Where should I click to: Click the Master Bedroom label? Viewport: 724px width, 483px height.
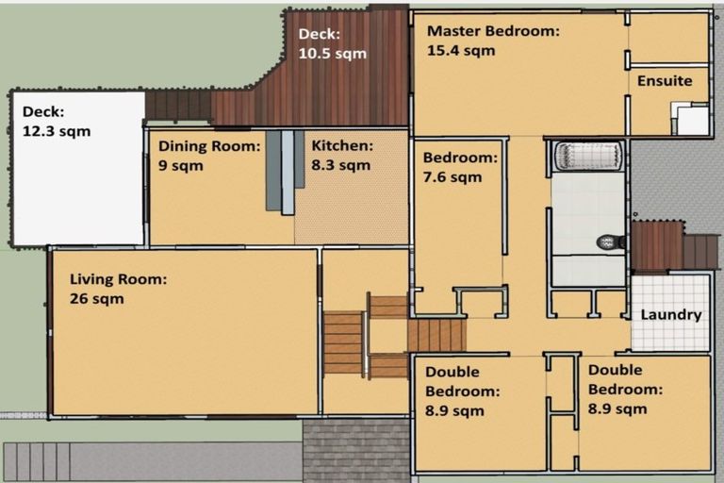[x=493, y=31]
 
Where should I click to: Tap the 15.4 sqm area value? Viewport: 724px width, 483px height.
[x=461, y=50]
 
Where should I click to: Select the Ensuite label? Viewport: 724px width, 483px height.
[x=665, y=81]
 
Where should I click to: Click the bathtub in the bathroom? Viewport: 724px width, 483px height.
[x=588, y=156]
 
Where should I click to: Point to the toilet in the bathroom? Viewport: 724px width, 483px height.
[x=610, y=241]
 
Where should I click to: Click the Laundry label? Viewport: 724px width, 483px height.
[x=671, y=315]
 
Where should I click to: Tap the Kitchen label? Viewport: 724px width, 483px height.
[x=342, y=145]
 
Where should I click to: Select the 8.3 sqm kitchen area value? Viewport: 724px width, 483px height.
[x=340, y=165]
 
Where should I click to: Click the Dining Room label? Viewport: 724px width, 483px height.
[x=209, y=146]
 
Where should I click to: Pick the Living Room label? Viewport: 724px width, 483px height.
[x=118, y=279]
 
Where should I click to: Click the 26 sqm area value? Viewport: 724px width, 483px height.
[x=96, y=299]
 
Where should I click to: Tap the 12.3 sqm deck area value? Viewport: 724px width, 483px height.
[x=57, y=131]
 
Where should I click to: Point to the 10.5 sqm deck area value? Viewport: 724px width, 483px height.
[x=333, y=54]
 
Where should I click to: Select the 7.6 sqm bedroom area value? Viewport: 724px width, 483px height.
[x=452, y=177]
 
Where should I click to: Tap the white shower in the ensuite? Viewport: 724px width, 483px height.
[x=690, y=119]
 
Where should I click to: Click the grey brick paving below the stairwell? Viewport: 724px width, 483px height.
[x=356, y=451]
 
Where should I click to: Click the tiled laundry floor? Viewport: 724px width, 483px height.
[x=670, y=312]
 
